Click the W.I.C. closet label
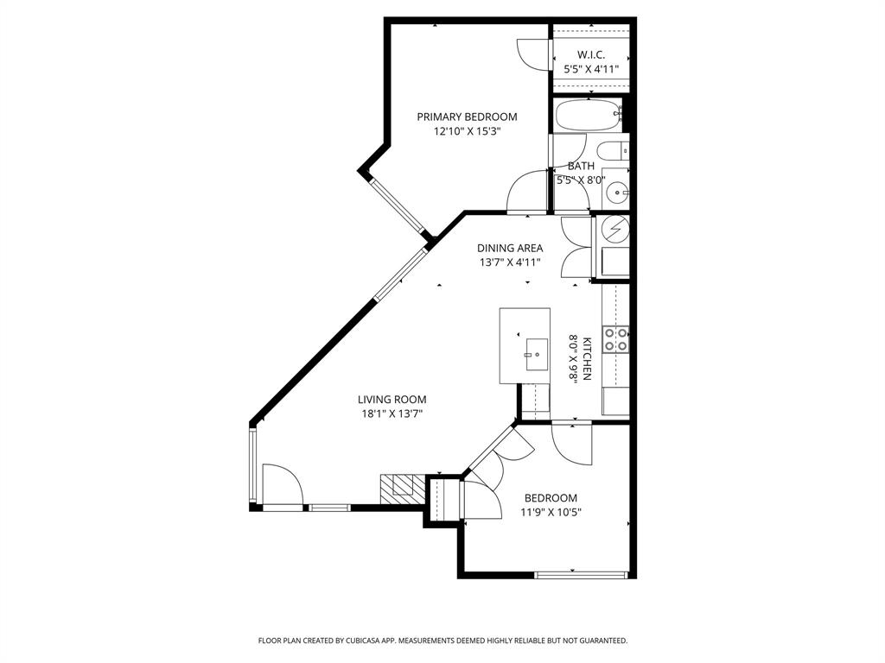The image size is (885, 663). pyautogui.click(x=591, y=54)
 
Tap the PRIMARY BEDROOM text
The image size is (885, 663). pyautogui.click(x=467, y=117)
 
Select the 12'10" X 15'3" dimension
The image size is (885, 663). pyautogui.click(x=467, y=132)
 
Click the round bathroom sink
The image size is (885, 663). pyautogui.click(x=616, y=192)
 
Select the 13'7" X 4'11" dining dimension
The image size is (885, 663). pyautogui.click(x=510, y=263)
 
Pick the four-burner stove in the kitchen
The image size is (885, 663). pyautogui.click(x=615, y=338)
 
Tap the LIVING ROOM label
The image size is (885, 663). pyautogui.click(x=392, y=399)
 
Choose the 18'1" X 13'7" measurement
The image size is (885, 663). pyautogui.click(x=392, y=414)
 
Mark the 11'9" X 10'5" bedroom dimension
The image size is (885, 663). pyautogui.click(x=551, y=512)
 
